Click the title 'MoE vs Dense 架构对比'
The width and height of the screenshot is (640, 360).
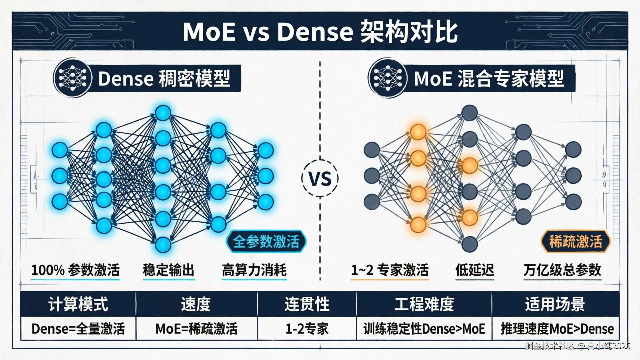tap(320, 32)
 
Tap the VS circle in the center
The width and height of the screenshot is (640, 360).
tap(320, 178)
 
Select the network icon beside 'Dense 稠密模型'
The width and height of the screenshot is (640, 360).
tap(72, 78)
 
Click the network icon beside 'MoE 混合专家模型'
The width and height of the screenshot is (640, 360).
tap(387, 78)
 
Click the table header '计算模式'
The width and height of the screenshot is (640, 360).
tap(78, 304)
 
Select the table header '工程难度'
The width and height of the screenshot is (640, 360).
tap(424, 304)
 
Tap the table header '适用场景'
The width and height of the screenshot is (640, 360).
tap(555, 304)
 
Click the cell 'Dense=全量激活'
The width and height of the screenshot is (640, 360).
tap(78, 329)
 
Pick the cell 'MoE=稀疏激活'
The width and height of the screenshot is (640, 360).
tap(197, 329)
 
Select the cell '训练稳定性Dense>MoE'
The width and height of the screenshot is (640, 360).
tap(424, 329)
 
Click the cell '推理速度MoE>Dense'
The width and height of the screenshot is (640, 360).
tap(557, 329)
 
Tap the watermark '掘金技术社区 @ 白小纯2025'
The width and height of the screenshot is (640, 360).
tap(577, 346)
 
